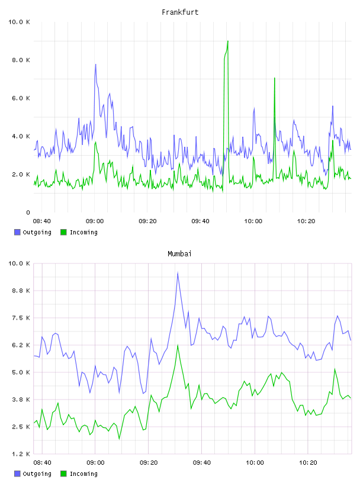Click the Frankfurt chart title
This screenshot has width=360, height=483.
180,12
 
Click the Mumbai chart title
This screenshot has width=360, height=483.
179,254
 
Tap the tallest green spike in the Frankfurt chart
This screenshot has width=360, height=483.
228,41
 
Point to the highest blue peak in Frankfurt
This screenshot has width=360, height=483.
95,65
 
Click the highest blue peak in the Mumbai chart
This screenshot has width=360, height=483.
178,273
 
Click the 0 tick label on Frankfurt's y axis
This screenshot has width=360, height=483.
28,212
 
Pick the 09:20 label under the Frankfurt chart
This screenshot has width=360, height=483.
147,221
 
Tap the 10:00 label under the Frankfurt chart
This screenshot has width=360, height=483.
253,221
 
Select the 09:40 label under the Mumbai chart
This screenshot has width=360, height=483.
202,463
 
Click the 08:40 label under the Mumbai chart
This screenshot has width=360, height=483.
42,463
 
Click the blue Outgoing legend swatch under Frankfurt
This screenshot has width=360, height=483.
17,232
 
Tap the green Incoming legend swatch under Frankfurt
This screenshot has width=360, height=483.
63,232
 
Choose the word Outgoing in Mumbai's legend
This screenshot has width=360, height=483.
37,474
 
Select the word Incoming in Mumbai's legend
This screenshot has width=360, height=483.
83,474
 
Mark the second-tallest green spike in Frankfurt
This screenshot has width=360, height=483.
274,78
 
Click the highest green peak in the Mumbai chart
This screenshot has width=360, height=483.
178,345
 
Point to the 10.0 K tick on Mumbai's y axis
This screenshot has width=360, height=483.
19,263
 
